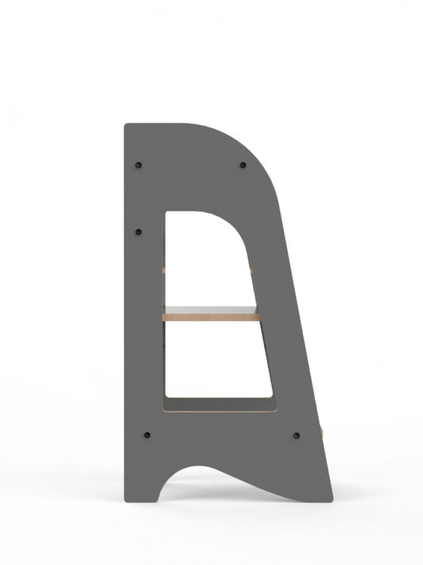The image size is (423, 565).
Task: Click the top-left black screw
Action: point(140,164)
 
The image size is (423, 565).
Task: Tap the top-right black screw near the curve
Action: point(242,164)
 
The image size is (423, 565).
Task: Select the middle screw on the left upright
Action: point(140,231)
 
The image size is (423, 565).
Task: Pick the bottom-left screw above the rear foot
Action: point(147,435)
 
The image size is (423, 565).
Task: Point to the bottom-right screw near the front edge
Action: point(297,435)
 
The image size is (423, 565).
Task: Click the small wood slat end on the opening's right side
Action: point(251,269)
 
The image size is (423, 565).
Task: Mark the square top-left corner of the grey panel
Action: point(127,126)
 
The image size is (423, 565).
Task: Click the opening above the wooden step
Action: point(208,254)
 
